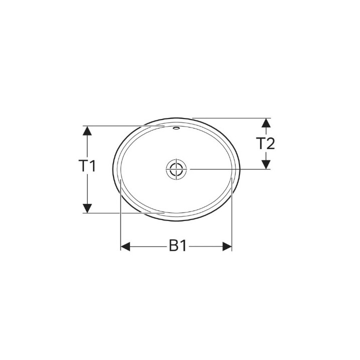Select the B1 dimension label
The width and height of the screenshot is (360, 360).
click(x=176, y=246)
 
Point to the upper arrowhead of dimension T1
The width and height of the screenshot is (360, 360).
click(x=87, y=130)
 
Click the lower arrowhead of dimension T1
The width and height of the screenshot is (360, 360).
click(x=87, y=207)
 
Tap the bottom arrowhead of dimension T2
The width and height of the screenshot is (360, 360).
click(x=266, y=163)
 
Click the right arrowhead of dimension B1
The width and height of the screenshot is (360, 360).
click(x=227, y=246)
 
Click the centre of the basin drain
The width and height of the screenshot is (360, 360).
click(x=176, y=169)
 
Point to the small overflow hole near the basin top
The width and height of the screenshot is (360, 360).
click(x=175, y=128)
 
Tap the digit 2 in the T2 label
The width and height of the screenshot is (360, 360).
click(x=270, y=144)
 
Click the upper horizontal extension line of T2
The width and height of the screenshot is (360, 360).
click(x=230, y=118)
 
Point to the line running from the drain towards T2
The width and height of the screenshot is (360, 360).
click(x=230, y=169)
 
